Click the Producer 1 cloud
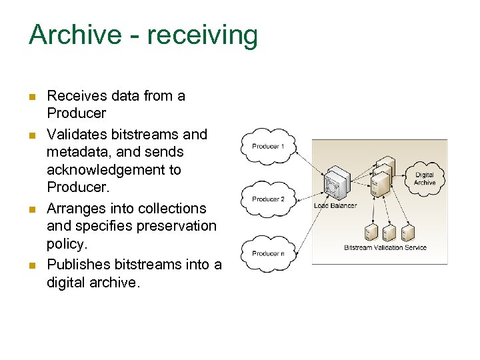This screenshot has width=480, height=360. click(268, 146)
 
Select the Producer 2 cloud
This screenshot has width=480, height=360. click(268, 199)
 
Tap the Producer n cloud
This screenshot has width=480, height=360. click(268, 253)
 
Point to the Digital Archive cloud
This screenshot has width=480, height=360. click(425, 179)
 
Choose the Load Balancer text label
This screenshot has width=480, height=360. click(335, 206)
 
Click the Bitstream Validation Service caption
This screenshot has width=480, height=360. click(385, 248)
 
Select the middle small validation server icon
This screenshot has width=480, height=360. click(389, 233)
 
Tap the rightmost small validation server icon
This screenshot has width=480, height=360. click(408, 233)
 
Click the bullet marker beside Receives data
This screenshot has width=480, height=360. click(31, 97)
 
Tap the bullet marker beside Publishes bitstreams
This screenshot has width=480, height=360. click(31, 266)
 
